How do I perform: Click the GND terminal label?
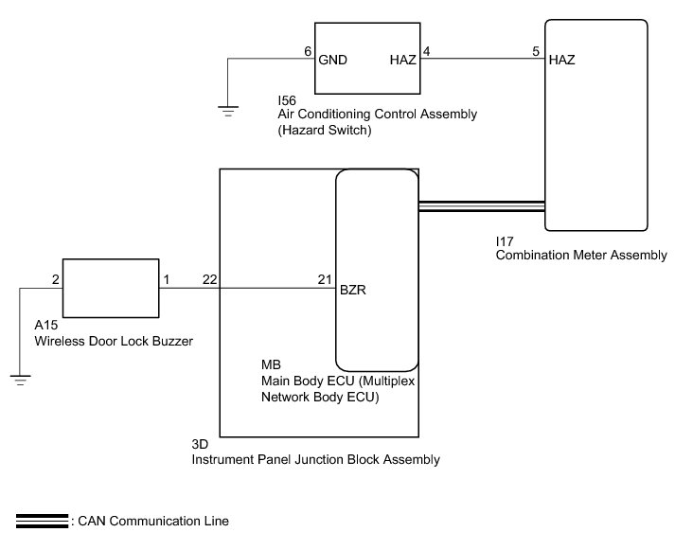(334, 60)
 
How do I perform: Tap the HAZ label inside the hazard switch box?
(402, 60)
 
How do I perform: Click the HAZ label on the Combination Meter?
(561, 60)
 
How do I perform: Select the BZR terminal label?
(353, 292)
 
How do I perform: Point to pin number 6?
(307, 52)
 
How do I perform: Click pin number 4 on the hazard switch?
(426, 52)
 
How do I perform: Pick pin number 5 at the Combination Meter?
(536, 52)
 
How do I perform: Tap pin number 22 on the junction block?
(208, 280)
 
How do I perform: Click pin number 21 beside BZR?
(324, 280)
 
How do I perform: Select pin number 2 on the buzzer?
(55, 280)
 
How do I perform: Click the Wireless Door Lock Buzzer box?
(110, 288)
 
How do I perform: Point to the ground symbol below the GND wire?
(227, 111)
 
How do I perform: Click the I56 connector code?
(286, 99)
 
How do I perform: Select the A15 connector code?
(44, 326)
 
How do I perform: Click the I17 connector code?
(505, 241)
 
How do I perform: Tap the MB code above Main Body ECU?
(270, 365)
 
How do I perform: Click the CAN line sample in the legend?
(40, 521)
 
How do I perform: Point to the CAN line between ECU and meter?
(481, 206)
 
